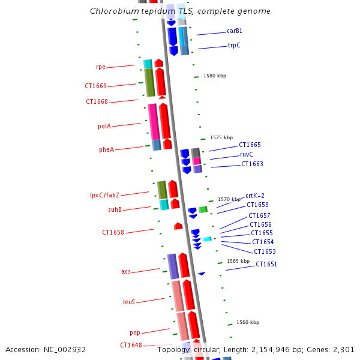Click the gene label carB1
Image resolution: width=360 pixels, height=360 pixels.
click(235, 31)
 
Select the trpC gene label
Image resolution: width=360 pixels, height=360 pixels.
click(234, 45)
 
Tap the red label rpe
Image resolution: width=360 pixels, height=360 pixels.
click(101, 67)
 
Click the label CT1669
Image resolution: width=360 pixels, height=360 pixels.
click(96, 86)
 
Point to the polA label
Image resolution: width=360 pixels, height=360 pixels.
click(104, 126)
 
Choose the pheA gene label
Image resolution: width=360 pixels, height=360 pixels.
click(106, 149)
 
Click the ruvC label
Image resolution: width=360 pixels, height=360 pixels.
click(247, 154)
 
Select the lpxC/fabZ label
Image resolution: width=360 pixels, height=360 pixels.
click(104, 195)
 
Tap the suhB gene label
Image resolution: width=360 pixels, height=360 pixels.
click(115, 209)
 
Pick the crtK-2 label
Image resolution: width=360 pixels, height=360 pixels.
click(255, 196)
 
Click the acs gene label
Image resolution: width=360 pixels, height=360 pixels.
click(126, 271)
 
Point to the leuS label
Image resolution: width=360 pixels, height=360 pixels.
click(129, 302)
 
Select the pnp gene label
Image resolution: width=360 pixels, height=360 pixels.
click(135, 332)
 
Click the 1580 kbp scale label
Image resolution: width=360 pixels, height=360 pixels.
click(215, 76)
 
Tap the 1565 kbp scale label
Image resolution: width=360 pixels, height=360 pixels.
click(238, 261)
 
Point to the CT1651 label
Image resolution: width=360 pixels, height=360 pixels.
click(266, 264)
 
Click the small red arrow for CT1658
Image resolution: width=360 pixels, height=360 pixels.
click(178, 226)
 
